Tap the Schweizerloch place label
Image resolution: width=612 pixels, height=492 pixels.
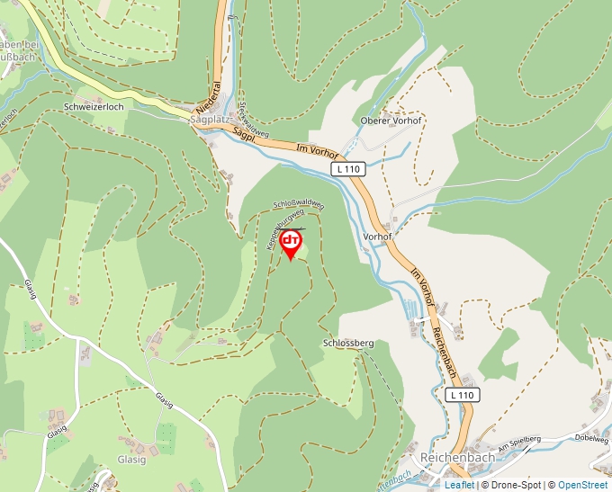point(94,106)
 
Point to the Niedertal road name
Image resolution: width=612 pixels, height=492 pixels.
point(216,94)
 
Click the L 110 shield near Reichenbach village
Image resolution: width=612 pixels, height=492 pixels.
point(462,395)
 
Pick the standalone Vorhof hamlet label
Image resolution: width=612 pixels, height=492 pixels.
point(377,237)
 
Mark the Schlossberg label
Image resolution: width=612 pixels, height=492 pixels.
point(347,344)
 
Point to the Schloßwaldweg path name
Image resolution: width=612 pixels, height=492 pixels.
point(296,206)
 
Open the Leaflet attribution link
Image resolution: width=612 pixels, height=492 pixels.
point(459,485)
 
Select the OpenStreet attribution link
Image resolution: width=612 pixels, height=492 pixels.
point(583,485)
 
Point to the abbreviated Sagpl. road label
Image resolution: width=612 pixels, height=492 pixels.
point(244,135)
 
